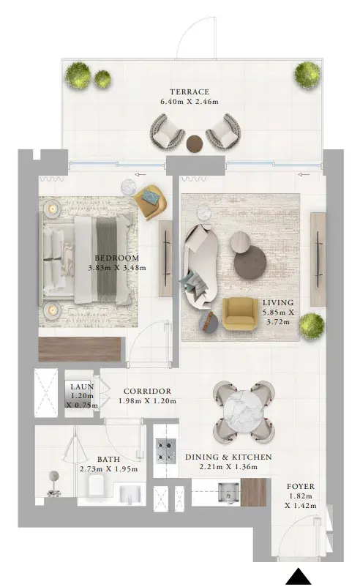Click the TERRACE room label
pyautogui.click(x=190, y=91)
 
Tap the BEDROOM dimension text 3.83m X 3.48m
pyautogui.click(x=117, y=268)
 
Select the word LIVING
pyautogui.click(x=278, y=302)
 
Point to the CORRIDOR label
pyautogui.click(x=148, y=391)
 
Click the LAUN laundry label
pyautogui.click(x=83, y=386)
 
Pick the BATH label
pyautogui.click(x=108, y=460)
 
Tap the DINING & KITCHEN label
pyautogui.click(x=228, y=457)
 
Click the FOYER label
pyautogui.click(x=301, y=486)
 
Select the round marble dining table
pyautogui.click(x=244, y=411)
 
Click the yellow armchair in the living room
pyautogui.click(x=240, y=314)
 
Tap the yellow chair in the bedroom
pyautogui.click(x=151, y=203)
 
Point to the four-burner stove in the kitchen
pyautogui.click(x=166, y=451)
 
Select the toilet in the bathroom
pyautogui.click(x=99, y=486)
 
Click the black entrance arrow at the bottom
pyautogui.click(x=299, y=577)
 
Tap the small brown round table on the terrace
pyautogui.click(x=195, y=143)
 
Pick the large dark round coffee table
pyautogui.click(x=250, y=263)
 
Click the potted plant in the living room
pyautogui.click(x=312, y=326)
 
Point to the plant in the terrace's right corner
pyautogui.click(x=307, y=75)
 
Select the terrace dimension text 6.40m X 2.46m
pyautogui.click(x=190, y=102)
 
